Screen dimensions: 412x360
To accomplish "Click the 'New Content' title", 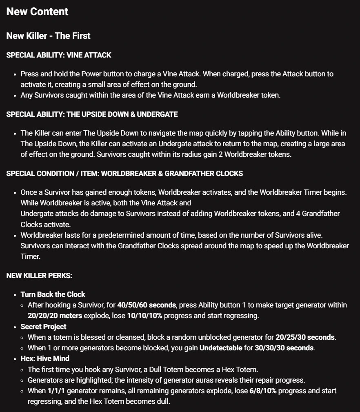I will click(x=37, y=12).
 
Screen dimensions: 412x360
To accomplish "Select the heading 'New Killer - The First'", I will click(x=48, y=36).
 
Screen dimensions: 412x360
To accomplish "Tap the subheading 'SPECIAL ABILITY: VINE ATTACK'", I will click(x=59, y=55).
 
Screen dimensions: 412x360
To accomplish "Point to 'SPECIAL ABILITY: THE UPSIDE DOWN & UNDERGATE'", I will click(x=92, y=114).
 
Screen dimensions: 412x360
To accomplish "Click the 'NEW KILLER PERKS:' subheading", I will click(x=39, y=276).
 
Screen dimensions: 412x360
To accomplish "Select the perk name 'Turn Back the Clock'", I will click(x=53, y=294).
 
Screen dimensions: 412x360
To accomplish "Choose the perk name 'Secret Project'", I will click(x=43, y=327).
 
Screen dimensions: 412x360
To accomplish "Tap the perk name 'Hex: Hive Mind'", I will click(x=45, y=359).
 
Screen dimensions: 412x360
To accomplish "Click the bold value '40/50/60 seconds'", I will click(x=147, y=305).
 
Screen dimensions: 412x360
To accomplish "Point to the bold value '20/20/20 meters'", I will click(x=55, y=316).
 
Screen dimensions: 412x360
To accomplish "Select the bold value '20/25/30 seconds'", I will click(x=305, y=337).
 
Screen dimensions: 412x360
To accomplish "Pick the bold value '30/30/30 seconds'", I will click(x=284, y=348).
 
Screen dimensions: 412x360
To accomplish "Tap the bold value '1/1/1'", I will click(x=56, y=391).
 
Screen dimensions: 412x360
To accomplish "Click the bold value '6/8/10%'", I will click(x=262, y=391).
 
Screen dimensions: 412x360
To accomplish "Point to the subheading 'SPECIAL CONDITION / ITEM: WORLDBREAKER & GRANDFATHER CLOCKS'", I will click(x=124, y=174).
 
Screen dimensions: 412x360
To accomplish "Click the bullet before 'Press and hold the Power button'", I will click(x=15, y=74).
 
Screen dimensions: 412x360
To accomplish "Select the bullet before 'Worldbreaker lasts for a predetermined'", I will click(x=15, y=236).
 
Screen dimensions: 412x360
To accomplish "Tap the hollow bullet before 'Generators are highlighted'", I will click(x=23, y=380).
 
